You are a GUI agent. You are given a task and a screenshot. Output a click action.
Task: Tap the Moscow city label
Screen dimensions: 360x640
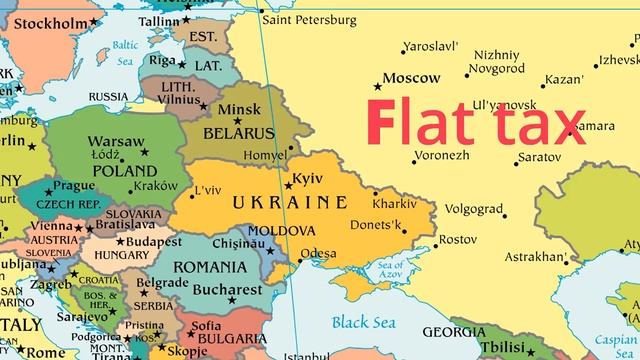click(x=412, y=78)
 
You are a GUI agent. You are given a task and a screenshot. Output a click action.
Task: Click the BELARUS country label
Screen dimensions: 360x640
click(x=238, y=133)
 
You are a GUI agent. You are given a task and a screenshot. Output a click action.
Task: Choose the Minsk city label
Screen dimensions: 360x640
click(x=240, y=109)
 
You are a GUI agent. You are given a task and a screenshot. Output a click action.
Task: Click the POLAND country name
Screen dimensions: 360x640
click(x=124, y=170)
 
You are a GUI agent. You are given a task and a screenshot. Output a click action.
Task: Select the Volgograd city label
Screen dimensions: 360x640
click(x=473, y=210)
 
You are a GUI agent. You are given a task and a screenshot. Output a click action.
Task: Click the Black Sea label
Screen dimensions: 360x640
click(x=363, y=322)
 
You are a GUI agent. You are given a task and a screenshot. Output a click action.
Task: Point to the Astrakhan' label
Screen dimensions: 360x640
click(x=535, y=257)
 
